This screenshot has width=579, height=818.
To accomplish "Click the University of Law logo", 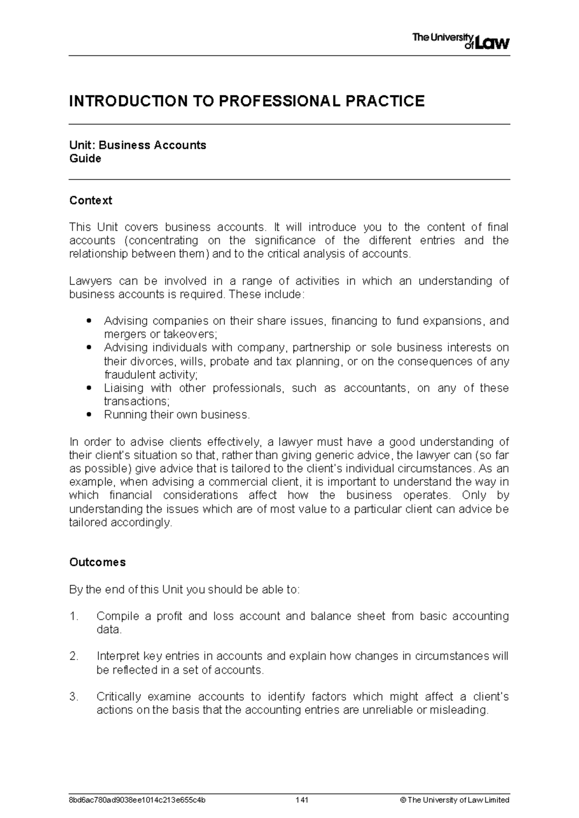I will pyautogui.click(x=461, y=41).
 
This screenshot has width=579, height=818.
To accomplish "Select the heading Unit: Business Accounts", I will pyautogui.click(x=138, y=145).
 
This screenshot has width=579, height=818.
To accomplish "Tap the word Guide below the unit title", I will pyautogui.click(x=85, y=159).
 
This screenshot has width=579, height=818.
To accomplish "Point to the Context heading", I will pyautogui.click(x=91, y=201).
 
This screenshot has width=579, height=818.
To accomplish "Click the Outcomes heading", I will pyautogui.click(x=97, y=562).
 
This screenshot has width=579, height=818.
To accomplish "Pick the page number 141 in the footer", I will pyautogui.click(x=302, y=800).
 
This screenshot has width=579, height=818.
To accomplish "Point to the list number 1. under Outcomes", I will pyautogui.click(x=74, y=616).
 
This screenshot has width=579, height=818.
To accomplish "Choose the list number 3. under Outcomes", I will pyautogui.click(x=74, y=697).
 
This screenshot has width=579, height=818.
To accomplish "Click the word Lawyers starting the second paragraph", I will pyautogui.click(x=91, y=281).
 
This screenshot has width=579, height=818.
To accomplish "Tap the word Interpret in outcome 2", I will pyautogui.click(x=118, y=656).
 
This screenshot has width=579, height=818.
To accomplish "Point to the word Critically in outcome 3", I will pyautogui.click(x=119, y=697).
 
